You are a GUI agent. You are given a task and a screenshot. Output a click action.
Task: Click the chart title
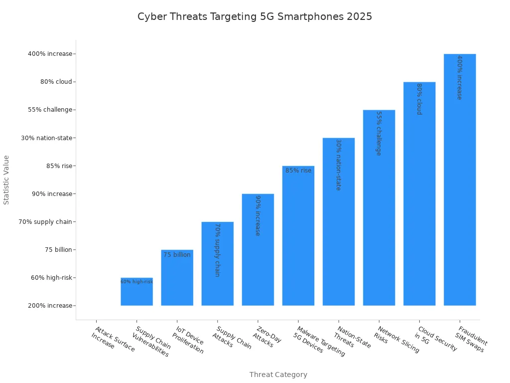point(255,16)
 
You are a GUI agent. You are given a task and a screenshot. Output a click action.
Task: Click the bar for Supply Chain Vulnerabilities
point(136,294)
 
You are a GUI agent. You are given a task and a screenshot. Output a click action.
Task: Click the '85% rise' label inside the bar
point(298,171)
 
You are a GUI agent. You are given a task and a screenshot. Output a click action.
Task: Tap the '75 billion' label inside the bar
point(177,255)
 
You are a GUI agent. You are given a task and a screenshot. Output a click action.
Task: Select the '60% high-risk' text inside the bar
point(136,282)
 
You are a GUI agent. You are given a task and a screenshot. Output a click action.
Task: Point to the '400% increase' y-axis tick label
point(50,54)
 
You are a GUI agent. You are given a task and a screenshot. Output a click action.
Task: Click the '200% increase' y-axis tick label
point(50,306)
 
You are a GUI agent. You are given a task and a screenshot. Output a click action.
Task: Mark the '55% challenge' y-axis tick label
point(50,110)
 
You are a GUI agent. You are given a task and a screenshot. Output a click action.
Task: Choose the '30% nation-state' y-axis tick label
point(46,138)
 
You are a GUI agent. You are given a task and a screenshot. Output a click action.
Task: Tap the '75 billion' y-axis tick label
point(58,250)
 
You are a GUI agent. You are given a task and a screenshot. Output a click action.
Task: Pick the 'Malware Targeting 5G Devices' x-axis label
point(318,342)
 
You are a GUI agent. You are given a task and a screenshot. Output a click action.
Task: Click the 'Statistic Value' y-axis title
point(6,180)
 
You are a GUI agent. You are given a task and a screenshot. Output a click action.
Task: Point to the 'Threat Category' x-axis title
point(278,375)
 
